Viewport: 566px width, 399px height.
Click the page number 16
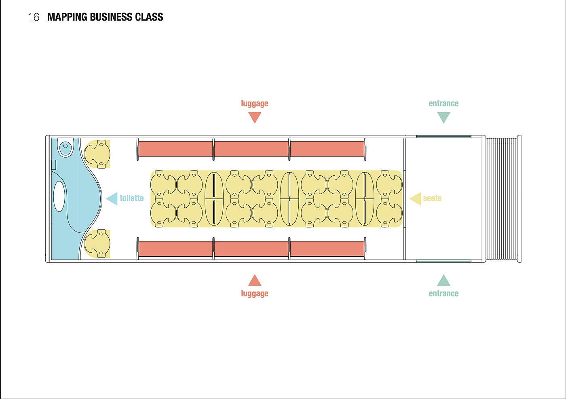[34, 17]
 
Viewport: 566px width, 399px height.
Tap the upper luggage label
[254, 103]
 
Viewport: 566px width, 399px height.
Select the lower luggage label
[254, 293]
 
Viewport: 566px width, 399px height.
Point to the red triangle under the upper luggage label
[255, 117]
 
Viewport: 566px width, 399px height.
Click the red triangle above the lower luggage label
[255, 281]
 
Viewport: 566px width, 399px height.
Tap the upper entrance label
[444, 103]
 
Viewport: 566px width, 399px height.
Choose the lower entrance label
[444, 293]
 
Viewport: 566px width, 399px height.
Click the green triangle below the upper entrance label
[444, 117]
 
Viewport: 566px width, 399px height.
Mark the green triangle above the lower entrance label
[444, 281]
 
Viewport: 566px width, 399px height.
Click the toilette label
[131, 198]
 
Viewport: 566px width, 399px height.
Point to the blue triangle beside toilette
[112, 198]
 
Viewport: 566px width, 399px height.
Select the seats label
[432, 198]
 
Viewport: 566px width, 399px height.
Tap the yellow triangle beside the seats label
[416, 198]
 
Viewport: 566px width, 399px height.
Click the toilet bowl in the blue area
[65, 148]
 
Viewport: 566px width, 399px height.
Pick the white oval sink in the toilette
[59, 196]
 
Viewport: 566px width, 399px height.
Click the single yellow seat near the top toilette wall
[98, 154]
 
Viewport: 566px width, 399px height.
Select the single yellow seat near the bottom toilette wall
[98, 243]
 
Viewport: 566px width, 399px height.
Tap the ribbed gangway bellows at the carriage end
[501, 199]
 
